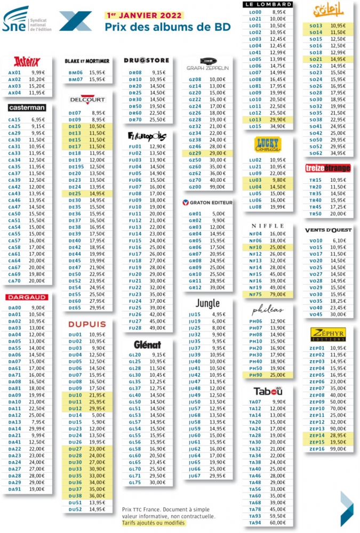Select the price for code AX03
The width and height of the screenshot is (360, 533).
[36, 86]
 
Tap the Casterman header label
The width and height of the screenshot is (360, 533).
[27, 108]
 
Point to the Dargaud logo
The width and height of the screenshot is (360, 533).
[27, 297]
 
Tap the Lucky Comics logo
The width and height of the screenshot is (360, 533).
[268, 146]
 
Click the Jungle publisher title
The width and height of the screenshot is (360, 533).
[207, 303]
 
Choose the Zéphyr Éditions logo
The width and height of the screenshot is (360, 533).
[328, 334]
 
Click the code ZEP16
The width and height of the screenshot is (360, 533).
[317, 449]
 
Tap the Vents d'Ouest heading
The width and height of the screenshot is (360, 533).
[328, 230]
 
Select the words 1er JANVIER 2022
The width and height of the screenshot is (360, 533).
[144, 15]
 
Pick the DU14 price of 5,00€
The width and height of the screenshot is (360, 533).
[97, 415]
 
